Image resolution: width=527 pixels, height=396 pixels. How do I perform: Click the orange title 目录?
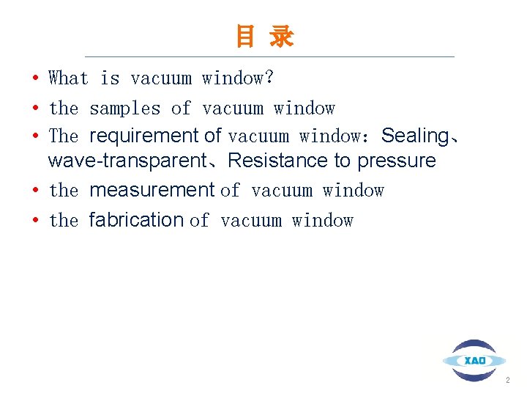pyautogui.click(x=264, y=36)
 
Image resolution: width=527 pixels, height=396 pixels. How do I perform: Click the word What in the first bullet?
pyautogui.click(x=68, y=78)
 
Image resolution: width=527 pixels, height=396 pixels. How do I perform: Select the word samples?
pyautogui.click(x=124, y=109)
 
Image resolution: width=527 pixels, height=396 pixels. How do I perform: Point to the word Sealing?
pyautogui.click(x=415, y=136)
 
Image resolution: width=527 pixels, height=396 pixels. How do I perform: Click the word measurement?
pyautogui.click(x=152, y=191)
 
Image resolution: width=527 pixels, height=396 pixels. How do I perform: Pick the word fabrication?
pyautogui.click(x=136, y=220)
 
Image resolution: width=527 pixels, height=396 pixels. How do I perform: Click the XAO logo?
pyautogui.click(x=474, y=360)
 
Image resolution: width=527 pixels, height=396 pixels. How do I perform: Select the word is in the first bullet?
pyautogui.click(x=110, y=78)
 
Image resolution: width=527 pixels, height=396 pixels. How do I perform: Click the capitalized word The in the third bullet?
pyautogui.click(x=63, y=136)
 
